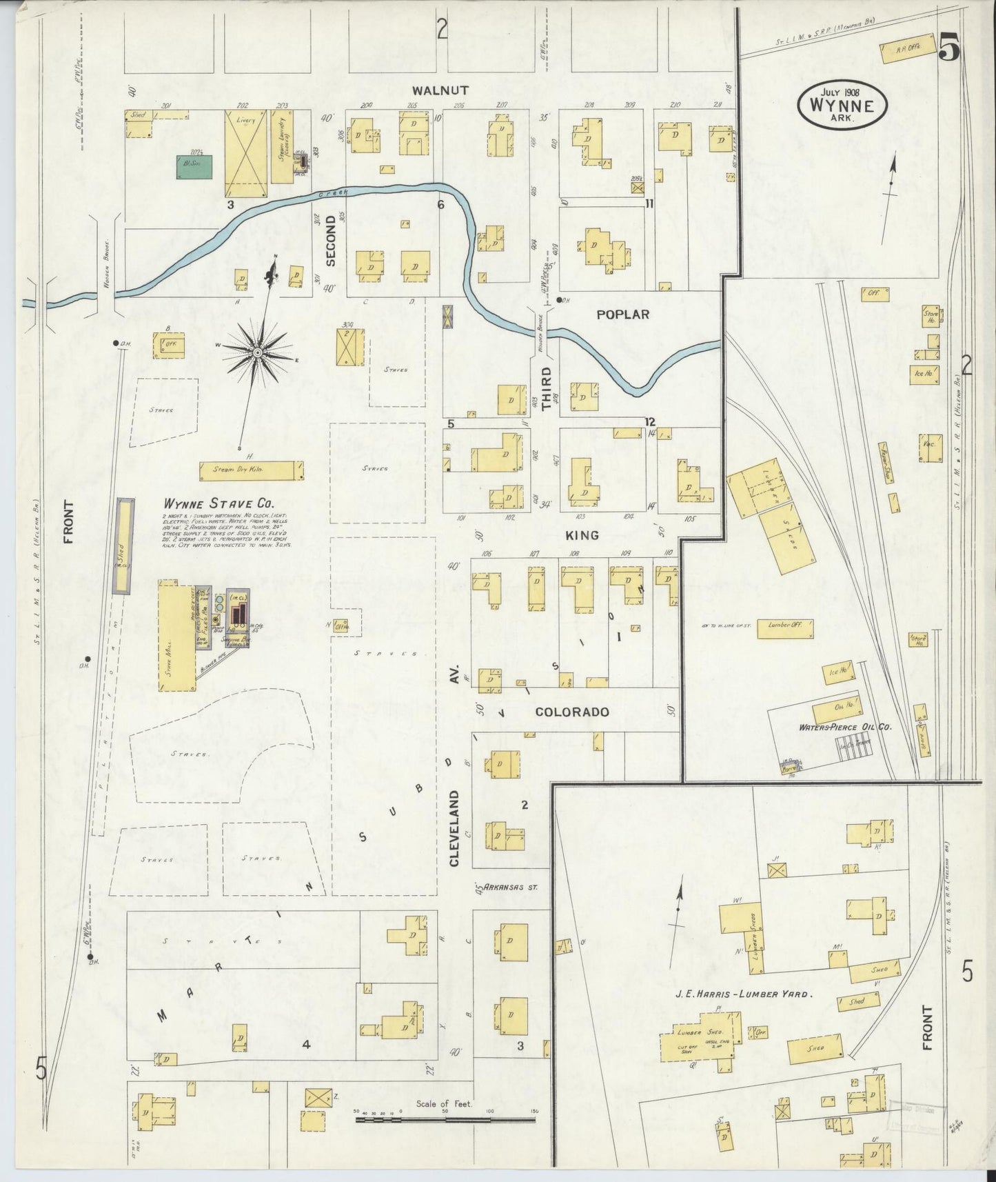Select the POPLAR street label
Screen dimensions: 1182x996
[622, 314]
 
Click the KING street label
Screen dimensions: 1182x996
[582, 535]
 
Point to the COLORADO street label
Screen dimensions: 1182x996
[572, 712]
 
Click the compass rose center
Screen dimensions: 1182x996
[257, 353]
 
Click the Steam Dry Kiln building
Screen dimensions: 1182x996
[251, 470]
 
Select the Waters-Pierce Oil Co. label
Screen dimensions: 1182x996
[845, 727]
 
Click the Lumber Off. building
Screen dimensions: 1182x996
[784, 628]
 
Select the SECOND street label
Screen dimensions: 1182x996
[330, 241]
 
